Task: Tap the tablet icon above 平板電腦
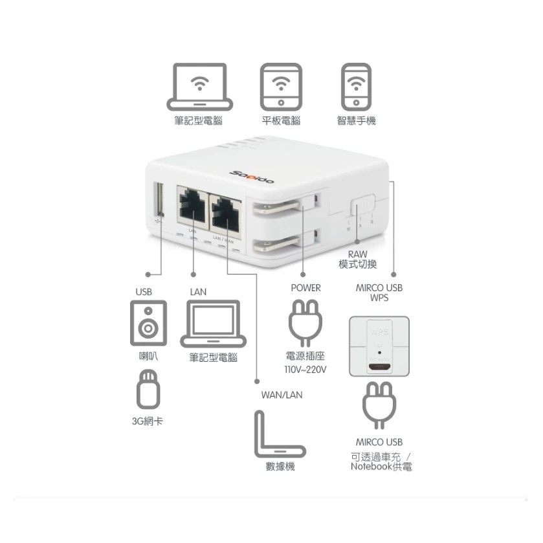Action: click(281, 87)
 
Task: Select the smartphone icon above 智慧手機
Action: click(355, 87)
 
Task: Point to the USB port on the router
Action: click(157, 201)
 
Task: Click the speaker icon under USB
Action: click(148, 322)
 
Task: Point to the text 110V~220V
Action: click(305, 370)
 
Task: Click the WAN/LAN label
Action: click(282, 395)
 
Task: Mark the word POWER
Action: click(305, 288)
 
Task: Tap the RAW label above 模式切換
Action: click(357, 255)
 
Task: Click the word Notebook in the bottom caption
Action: click(371, 467)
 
